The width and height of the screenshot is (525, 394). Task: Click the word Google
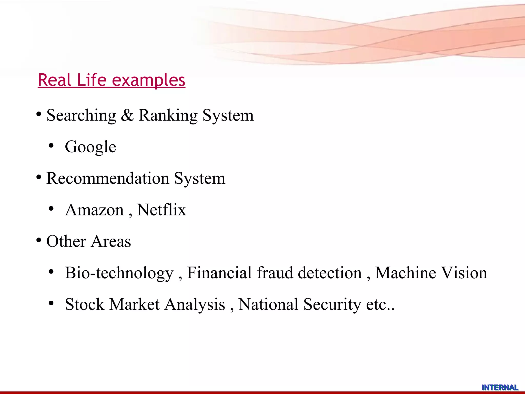pos(90,147)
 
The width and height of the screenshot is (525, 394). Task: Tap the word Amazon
pos(94,210)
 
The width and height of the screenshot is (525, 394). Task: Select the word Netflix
pos(161,210)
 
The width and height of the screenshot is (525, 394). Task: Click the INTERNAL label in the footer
pos(500,387)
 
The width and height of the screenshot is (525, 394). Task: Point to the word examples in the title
pos(148,80)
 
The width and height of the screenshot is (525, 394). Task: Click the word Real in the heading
pos(55,80)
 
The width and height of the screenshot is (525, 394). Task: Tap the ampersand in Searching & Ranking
pos(127,115)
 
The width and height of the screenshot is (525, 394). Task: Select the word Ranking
pos(168,115)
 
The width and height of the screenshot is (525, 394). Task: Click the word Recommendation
pos(108,178)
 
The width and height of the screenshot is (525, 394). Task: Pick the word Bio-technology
pos(119,273)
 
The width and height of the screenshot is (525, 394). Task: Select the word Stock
pos(85,304)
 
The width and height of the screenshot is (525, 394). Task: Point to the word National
pos(268,304)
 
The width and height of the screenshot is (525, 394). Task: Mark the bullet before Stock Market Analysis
pos(51,303)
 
